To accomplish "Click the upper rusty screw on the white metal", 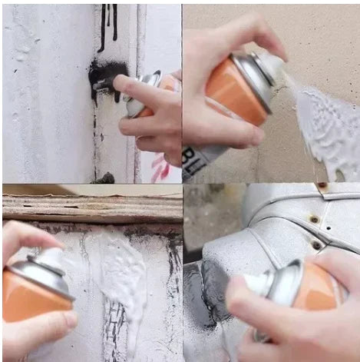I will tap(315, 220).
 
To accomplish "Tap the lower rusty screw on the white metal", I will tap(316, 246).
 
